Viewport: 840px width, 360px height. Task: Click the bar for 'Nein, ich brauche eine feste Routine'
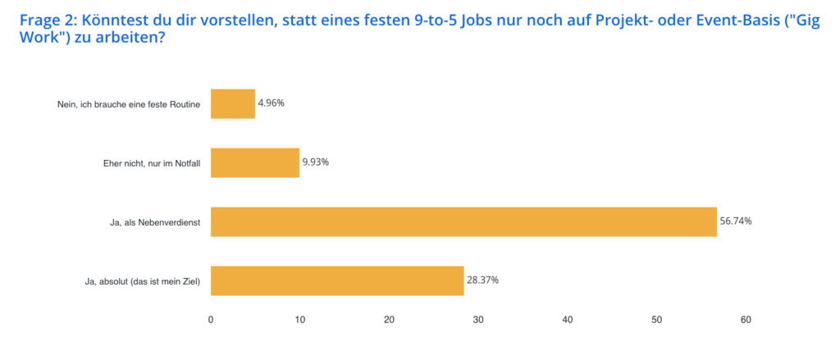pos(233,104)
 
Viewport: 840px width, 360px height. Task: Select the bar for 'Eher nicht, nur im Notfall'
pos(255,163)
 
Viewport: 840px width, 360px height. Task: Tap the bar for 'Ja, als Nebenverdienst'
pos(463,222)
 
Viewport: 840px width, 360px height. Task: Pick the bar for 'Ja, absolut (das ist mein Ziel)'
pos(337,280)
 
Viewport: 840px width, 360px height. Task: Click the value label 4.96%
pos(272,104)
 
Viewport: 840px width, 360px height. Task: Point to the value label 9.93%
pos(316,163)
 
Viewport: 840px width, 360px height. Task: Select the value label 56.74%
pos(736,222)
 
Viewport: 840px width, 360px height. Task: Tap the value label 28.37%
pos(483,280)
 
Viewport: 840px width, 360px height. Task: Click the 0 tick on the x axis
pos(211,320)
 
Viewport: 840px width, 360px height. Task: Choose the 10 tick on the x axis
pos(300,320)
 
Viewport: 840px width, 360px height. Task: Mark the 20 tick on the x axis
pos(390,320)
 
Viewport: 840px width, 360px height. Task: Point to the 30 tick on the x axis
pos(478,320)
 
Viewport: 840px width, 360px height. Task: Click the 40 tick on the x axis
pos(568,320)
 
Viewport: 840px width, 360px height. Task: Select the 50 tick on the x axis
pos(657,320)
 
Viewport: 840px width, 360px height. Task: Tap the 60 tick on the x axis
pos(746,320)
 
